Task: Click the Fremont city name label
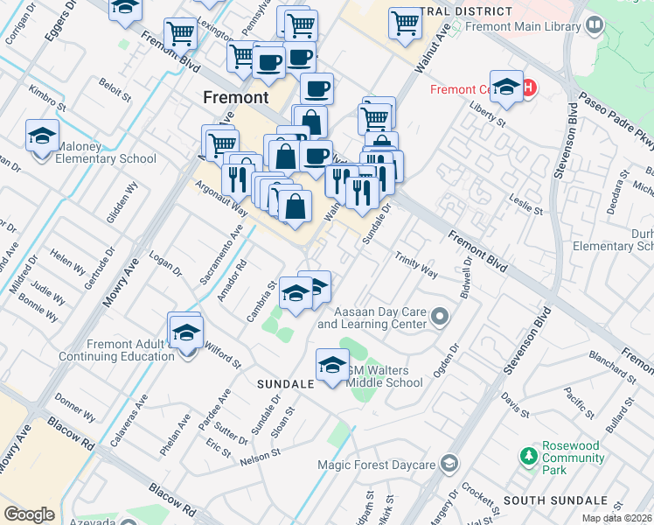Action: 235,97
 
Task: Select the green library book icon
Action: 595,26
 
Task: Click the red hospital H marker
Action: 528,87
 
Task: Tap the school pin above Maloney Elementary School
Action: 42,136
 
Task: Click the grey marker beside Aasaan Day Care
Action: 440,317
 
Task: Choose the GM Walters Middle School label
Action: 385,376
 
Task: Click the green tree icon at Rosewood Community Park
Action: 528,456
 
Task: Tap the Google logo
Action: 29,514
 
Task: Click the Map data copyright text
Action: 616,518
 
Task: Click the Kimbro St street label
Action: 47,99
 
